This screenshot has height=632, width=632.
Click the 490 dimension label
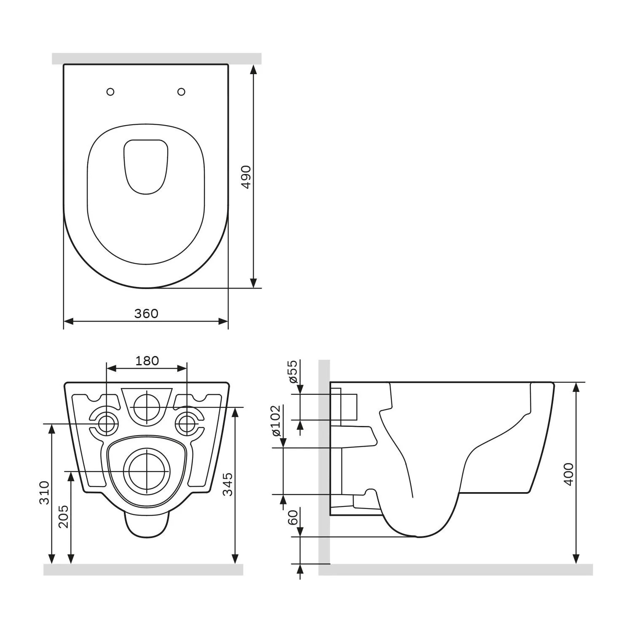click(x=246, y=177)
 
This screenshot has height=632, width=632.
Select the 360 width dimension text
click(x=146, y=313)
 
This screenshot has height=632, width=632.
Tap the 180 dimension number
click(x=147, y=361)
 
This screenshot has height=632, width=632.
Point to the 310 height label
click(x=45, y=492)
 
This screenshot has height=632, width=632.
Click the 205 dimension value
click(x=63, y=516)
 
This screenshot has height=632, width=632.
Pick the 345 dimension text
click(x=228, y=484)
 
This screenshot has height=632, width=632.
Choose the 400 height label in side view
click(x=568, y=474)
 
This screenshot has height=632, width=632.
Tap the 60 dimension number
click(x=292, y=517)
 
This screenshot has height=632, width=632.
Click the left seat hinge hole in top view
click(x=110, y=92)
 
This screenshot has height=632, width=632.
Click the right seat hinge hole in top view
click(x=182, y=91)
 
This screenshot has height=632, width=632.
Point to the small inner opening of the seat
click(x=146, y=166)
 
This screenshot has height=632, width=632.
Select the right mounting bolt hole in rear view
click(x=186, y=423)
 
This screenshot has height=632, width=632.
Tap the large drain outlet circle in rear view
click(x=146, y=471)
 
